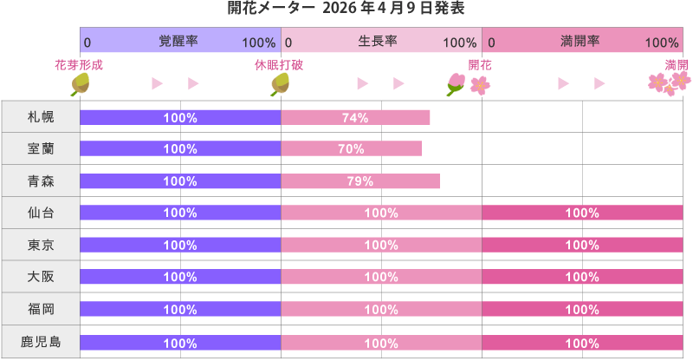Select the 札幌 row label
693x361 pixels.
tap(41, 117)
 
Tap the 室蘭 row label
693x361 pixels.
tap(41, 149)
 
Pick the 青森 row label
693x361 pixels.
tap(41, 181)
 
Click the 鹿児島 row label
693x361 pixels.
tap(41, 342)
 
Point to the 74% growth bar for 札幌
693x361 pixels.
tap(355, 117)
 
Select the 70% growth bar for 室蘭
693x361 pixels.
tap(351, 149)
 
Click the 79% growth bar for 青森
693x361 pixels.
tap(359, 181)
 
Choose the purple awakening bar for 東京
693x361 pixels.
tap(180, 246)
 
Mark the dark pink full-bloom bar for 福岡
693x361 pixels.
tap(581, 310)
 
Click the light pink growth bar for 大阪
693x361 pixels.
tap(381, 278)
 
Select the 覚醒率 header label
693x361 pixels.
tap(178, 42)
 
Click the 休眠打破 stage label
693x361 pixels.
tap(279, 65)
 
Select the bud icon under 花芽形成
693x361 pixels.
tap(81, 83)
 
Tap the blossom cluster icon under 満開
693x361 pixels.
tap(670, 82)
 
